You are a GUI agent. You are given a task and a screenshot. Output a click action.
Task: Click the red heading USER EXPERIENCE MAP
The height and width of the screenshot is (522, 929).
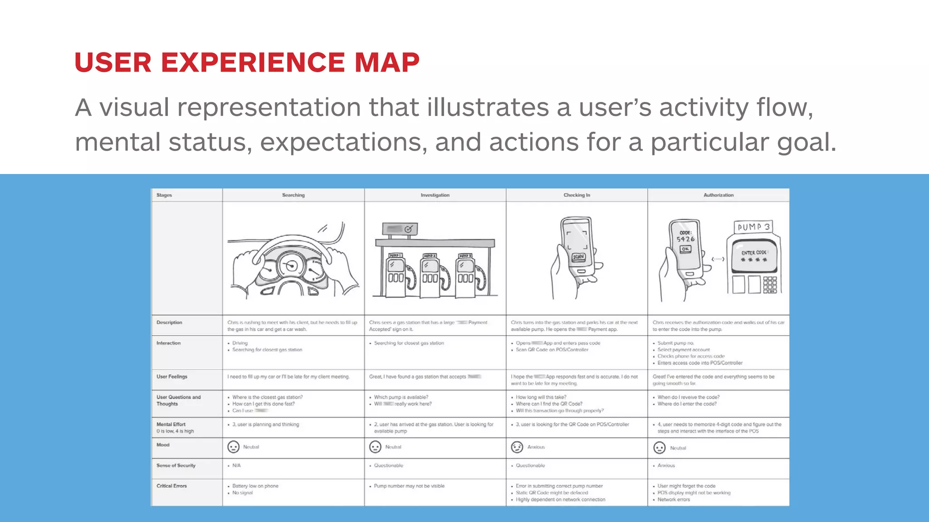pos(247,62)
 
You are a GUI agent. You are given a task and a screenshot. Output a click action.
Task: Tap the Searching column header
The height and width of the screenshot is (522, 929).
pos(293,195)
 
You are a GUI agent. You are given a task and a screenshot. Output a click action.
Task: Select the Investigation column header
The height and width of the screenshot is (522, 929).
pos(435,195)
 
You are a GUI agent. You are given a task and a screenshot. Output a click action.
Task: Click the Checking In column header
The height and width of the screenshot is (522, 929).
pos(577,195)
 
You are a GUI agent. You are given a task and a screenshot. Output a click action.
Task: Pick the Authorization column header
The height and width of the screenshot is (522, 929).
pos(718,195)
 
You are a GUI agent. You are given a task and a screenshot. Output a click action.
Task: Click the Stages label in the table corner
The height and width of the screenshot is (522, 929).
pos(164,195)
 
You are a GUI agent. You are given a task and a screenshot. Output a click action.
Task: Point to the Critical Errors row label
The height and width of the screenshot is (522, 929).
pos(171,486)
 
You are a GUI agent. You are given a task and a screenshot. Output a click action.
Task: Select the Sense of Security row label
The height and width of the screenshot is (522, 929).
pos(176,465)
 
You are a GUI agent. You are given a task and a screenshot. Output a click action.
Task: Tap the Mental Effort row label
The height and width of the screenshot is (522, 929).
pos(171,425)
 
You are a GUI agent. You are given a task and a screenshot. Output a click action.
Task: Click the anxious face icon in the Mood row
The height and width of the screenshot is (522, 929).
pos(517,447)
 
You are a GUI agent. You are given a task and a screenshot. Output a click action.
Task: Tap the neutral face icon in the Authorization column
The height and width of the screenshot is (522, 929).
pos(659,448)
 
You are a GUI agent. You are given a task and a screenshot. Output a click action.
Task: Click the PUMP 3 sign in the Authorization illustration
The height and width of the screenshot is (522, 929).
pos(753,227)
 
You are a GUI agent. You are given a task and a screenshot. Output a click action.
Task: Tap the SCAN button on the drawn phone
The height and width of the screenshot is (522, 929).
pos(578,257)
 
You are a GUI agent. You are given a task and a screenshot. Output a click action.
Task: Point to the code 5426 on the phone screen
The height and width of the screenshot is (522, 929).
pos(685,239)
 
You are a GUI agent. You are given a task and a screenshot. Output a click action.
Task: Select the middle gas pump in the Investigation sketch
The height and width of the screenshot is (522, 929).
pos(430,274)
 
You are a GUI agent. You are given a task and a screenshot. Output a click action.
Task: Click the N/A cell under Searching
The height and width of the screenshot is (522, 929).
pos(236,465)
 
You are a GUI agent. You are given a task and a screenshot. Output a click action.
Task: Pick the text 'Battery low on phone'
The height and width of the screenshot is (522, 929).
pos(255,486)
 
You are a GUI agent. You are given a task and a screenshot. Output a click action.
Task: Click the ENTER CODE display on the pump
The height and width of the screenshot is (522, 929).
pos(754,256)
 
